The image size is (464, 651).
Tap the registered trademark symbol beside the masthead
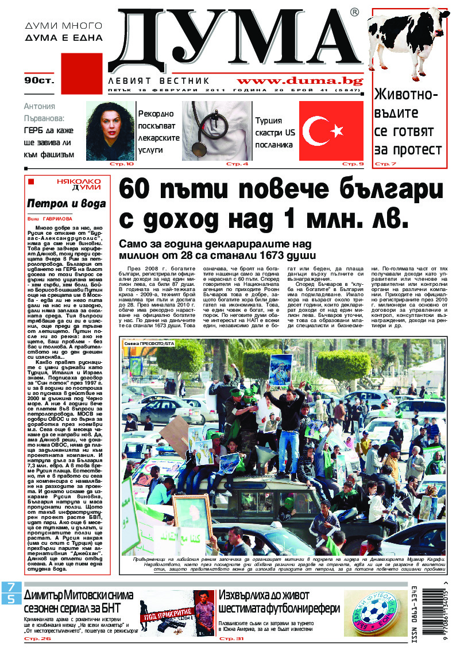(354, 13)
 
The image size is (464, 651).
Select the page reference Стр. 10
(123, 164)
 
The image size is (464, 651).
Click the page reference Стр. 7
(386, 165)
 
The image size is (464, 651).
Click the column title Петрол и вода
(67, 203)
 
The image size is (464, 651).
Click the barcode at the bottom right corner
(434, 610)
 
